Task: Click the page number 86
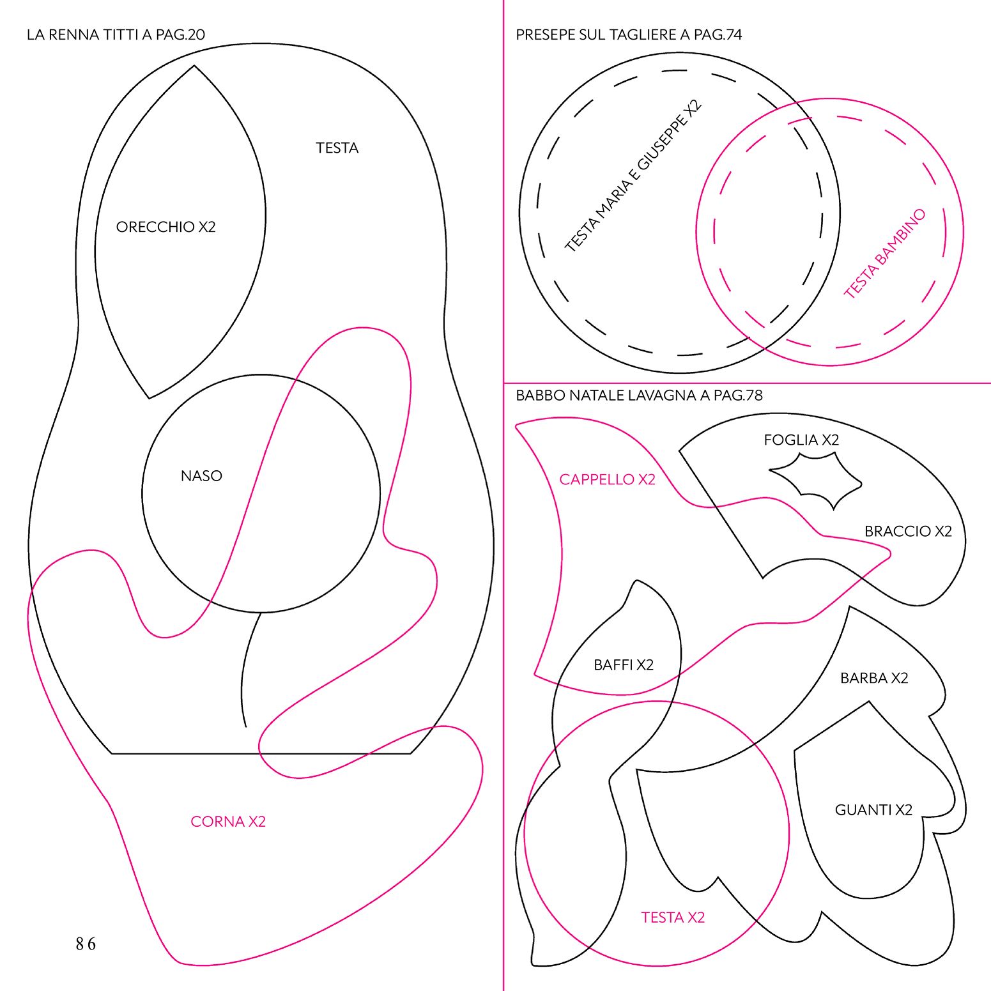(86, 944)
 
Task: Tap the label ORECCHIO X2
(166, 227)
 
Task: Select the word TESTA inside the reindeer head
(337, 148)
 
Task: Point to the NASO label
(201, 476)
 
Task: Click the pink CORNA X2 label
(228, 822)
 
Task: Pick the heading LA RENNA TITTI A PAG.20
(116, 35)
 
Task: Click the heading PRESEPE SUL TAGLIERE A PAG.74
(629, 35)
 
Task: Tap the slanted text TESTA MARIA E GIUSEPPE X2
(633, 176)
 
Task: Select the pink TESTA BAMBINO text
(884, 254)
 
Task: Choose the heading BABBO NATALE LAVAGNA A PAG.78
(639, 396)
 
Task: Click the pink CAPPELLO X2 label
(608, 480)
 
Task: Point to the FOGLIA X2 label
(801, 440)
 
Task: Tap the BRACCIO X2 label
(908, 532)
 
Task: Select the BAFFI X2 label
(624, 665)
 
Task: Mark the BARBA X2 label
(874, 678)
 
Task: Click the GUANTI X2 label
(873, 810)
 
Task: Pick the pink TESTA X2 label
(673, 918)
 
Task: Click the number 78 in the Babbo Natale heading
(754, 396)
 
